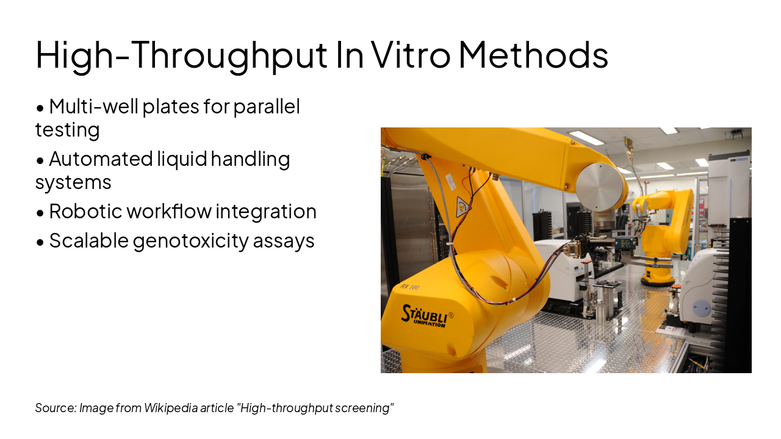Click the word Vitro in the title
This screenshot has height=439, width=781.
411,55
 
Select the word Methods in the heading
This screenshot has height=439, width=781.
534,55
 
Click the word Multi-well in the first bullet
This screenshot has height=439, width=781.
94,106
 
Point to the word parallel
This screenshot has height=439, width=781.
267,107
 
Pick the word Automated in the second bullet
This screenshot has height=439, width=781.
101,159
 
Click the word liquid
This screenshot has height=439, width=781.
182,160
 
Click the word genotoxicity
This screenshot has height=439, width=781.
190,241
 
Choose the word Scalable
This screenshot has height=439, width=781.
89,240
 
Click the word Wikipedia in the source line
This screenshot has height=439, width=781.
171,408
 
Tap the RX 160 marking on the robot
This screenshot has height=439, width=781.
409,287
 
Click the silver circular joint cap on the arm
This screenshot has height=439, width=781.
599,187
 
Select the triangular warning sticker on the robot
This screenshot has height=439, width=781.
462,207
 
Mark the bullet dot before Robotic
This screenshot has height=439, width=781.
40,213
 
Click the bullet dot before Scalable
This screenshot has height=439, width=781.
40,242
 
